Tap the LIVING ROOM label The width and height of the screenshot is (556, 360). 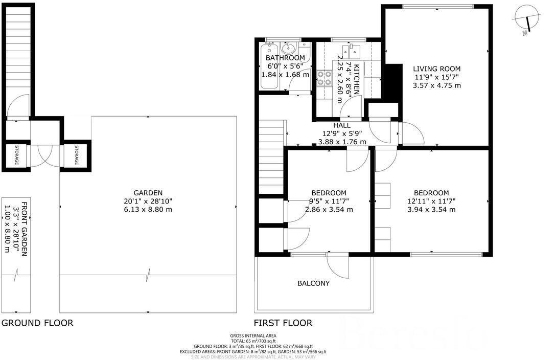point(436,69)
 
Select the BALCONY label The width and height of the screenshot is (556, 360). point(313,283)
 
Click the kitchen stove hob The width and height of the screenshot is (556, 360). point(324,78)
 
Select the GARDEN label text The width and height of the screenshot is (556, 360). point(148,193)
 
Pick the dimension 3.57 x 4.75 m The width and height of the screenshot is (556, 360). point(436,85)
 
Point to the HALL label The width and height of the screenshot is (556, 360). point(342,125)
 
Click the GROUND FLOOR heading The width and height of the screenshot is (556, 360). point(37,323)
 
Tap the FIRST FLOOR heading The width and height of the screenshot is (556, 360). point(283,323)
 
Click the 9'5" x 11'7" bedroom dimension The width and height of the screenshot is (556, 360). point(329,201)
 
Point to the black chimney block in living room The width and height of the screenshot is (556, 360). point(391,82)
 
